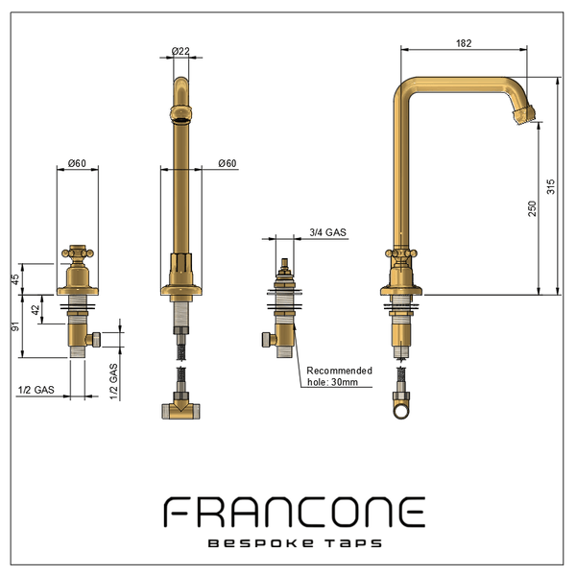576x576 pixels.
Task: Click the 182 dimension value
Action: click(x=464, y=43)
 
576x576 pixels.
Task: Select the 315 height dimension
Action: click(x=551, y=186)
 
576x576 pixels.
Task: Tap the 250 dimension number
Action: click(x=532, y=208)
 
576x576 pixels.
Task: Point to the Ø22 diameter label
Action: click(x=180, y=51)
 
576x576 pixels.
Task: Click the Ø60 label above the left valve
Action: click(x=77, y=163)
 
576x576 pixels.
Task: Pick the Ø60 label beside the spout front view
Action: click(x=228, y=163)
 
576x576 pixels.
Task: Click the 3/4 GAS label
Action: click(x=327, y=232)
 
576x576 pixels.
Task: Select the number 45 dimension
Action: click(x=16, y=279)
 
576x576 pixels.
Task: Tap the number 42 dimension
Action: click(x=36, y=310)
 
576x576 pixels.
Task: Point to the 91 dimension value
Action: click(x=15, y=325)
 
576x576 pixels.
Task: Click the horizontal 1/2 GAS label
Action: click(x=36, y=390)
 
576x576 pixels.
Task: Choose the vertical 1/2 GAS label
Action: click(x=114, y=381)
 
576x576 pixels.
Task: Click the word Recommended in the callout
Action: click(x=340, y=371)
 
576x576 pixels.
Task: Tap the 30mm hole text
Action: click(x=345, y=382)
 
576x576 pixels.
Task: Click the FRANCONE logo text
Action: click(x=295, y=512)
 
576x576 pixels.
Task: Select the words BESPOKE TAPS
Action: click(x=295, y=543)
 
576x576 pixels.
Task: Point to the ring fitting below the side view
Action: click(x=401, y=410)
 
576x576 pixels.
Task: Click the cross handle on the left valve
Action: click(x=78, y=253)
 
